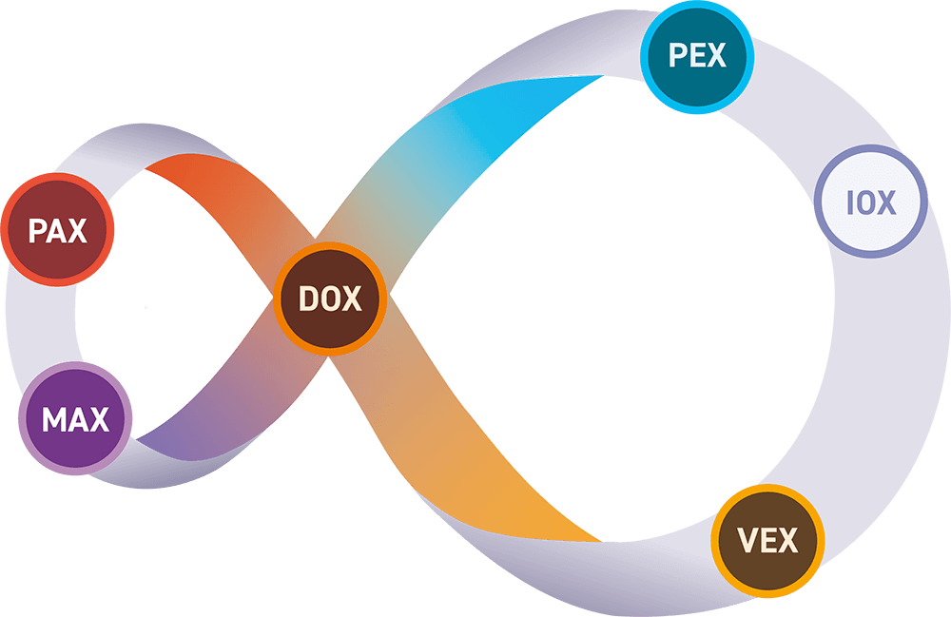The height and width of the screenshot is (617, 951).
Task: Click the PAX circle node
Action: click(57, 230)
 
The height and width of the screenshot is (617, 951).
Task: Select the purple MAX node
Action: click(75, 418)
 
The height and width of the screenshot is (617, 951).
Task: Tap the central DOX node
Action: click(330, 299)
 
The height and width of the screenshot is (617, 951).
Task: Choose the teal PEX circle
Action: click(698, 56)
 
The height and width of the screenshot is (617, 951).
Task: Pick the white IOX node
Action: click(870, 201)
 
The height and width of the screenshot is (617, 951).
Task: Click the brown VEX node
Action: click(767, 541)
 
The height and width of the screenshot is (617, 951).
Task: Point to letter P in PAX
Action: click(36, 231)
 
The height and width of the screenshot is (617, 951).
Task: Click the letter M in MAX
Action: click(52, 419)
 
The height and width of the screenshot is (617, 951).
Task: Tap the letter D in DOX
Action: click(307, 299)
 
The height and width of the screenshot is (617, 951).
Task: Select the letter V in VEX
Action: click(747, 542)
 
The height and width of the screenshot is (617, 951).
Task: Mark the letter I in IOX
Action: click(848, 202)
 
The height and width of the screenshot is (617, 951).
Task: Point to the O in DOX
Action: click(330, 299)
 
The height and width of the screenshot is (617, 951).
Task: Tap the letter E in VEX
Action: click(767, 542)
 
